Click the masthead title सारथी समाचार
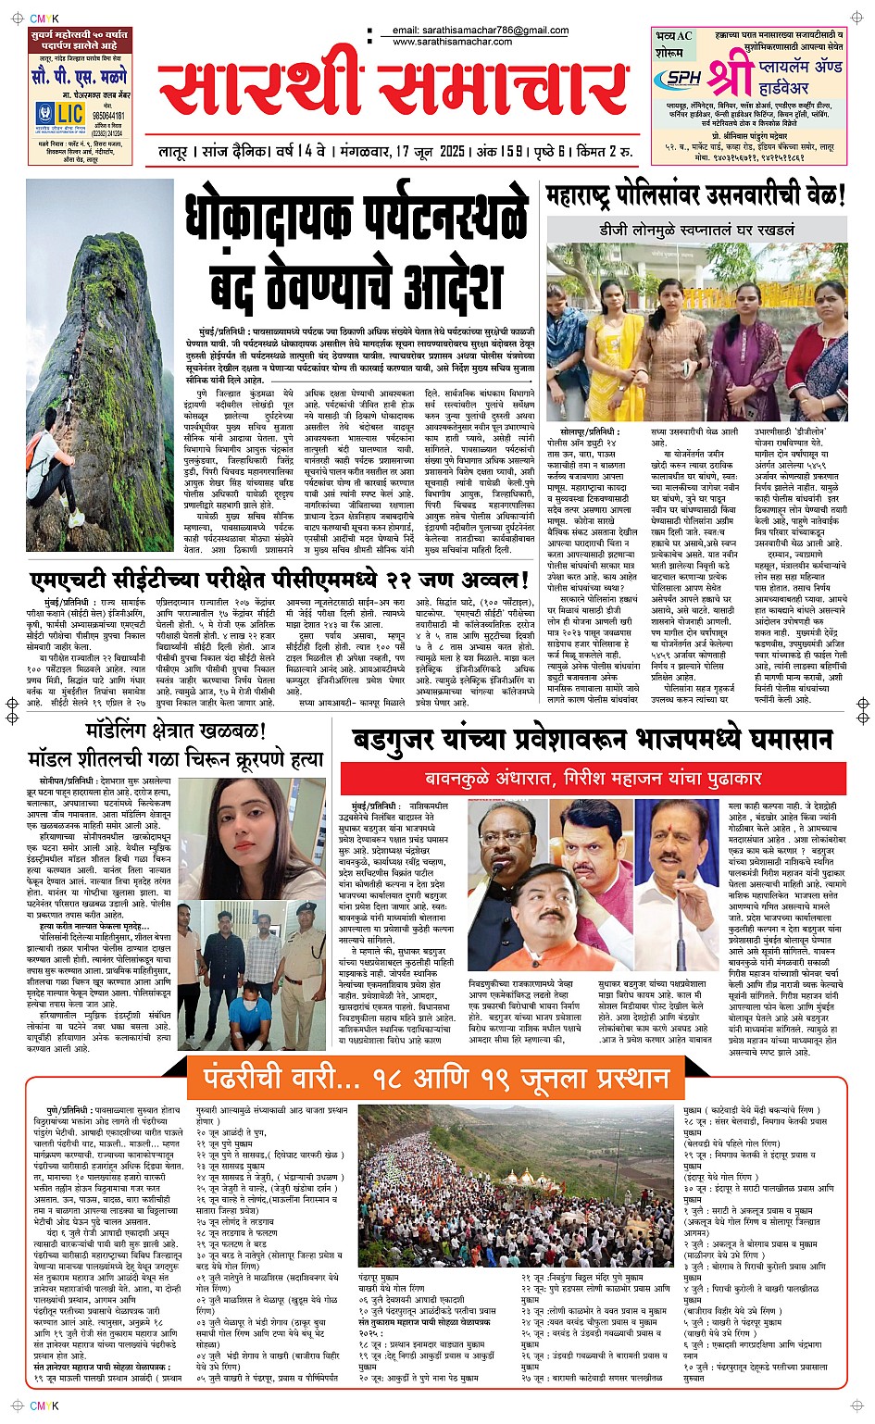tap(394, 91)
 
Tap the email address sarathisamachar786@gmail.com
tap(480, 31)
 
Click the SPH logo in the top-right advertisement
tap(684, 79)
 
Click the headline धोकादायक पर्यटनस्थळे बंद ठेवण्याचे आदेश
tap(356, 253)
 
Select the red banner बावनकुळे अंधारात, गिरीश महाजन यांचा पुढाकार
tap(593, 778)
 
